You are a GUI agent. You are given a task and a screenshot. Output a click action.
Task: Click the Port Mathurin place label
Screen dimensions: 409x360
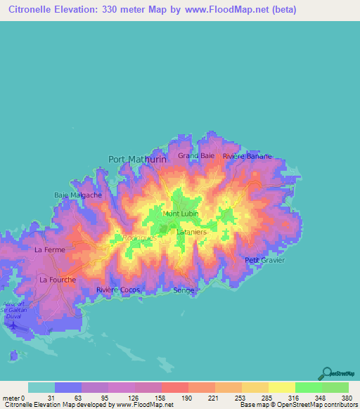pyautogui.click(x=137, y=160)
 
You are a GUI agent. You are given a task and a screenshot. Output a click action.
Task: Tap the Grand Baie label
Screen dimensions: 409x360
pyautogui.click(x=196, y=155)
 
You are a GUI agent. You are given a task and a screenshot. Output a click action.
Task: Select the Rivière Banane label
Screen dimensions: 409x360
pyautogui.click(x=247, y=156)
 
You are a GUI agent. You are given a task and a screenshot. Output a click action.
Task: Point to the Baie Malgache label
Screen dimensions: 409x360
pyautogui.click(x=78, y=195)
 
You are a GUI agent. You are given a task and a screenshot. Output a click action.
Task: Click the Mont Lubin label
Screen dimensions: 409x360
pyautogui.click(x=181, y=214)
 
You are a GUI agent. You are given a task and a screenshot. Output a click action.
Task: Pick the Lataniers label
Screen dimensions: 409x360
pyautogui.click(x=191, y=231)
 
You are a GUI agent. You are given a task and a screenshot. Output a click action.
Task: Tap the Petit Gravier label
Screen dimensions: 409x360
pyautogui.click(x=264, y=260)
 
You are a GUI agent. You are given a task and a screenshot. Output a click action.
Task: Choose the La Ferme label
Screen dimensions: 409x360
pyautogui.click(x=49, y=249)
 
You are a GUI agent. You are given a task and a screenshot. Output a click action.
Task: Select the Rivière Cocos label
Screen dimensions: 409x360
pyautogui.click(x=118, y=290)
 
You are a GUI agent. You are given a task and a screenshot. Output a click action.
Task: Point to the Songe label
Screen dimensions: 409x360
pyautogui.click(x=183, y=290)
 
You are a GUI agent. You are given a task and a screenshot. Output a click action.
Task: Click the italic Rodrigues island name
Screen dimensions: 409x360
pyautogui.click(x=139, y=238)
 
